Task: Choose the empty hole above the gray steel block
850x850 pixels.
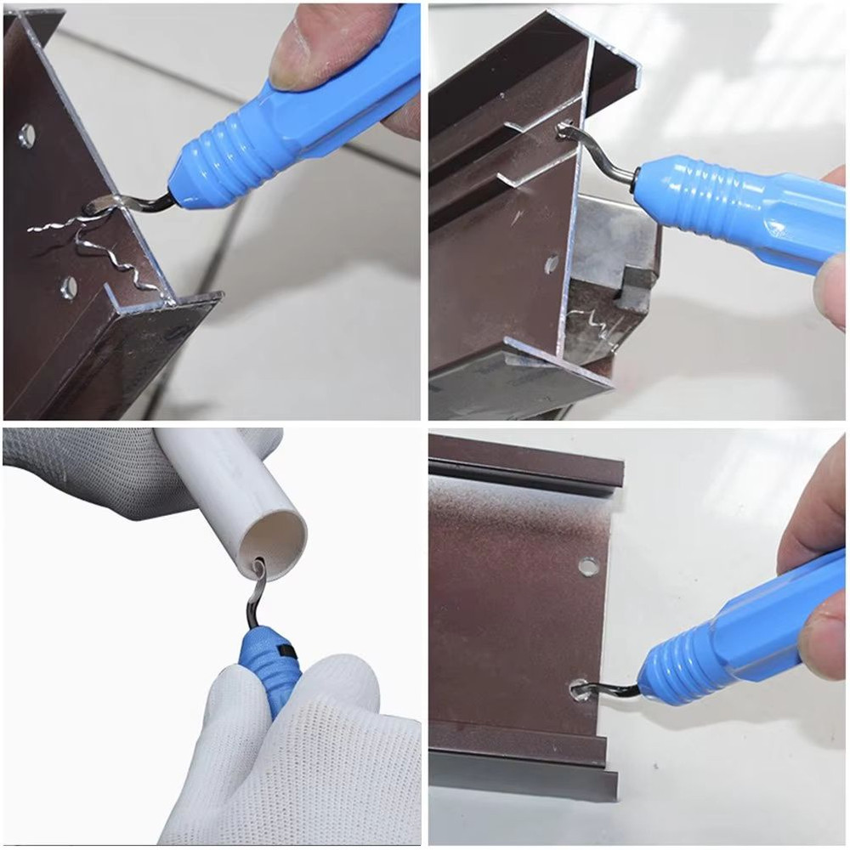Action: click(x=552, y=263)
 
